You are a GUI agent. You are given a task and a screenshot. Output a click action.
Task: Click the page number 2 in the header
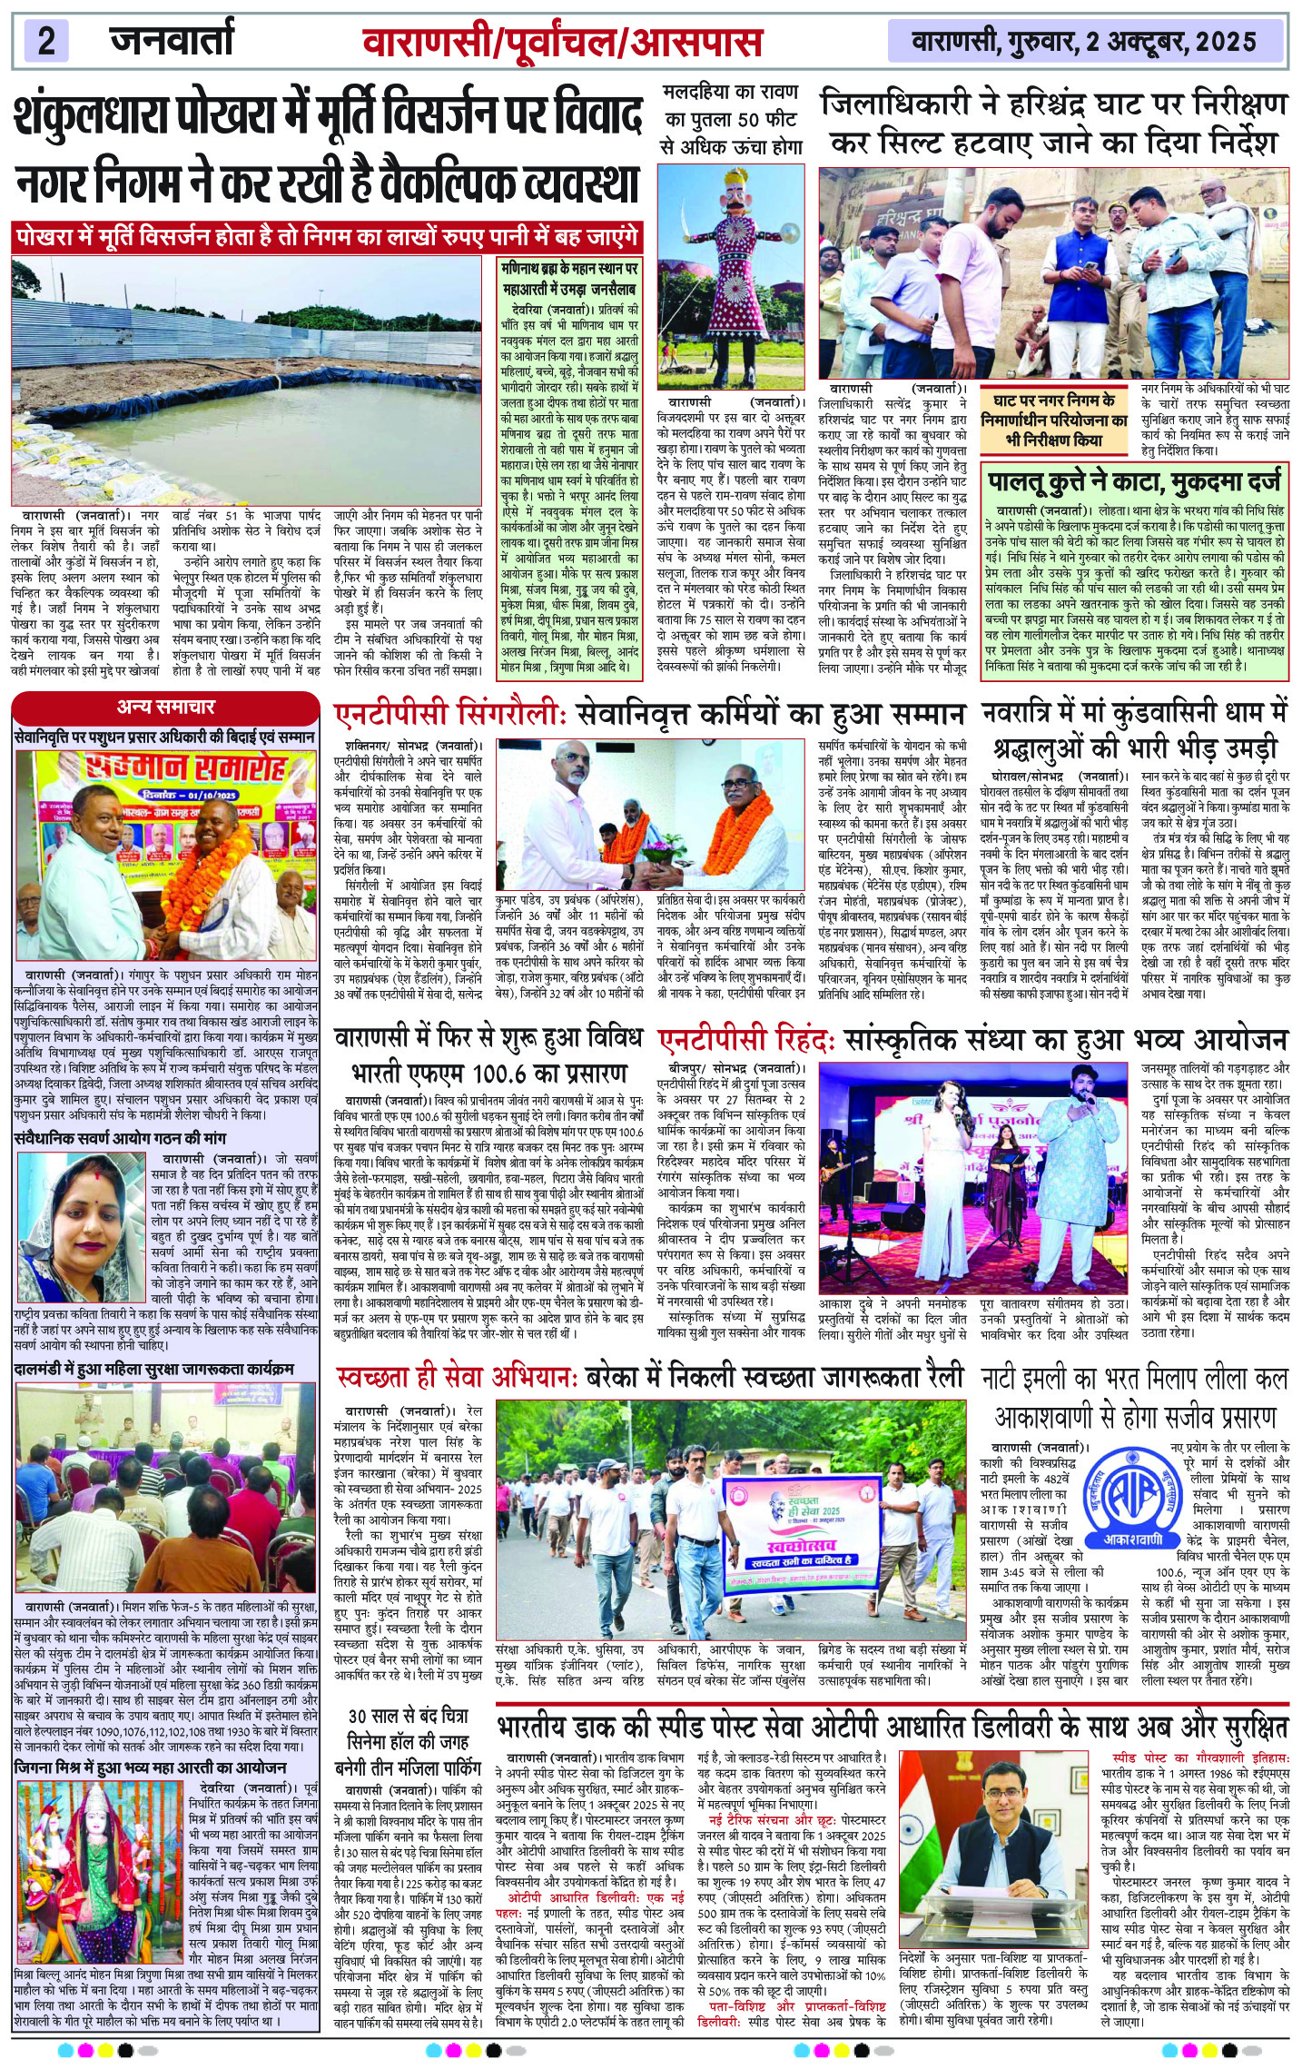pyautogui.click(x=47, y=42)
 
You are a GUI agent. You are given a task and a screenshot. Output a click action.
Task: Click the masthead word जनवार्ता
pyautogui.click(x=172, y=40)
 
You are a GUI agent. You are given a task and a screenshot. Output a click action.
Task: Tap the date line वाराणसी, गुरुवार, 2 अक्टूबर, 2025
pyautogui.click(x=1084, y=42)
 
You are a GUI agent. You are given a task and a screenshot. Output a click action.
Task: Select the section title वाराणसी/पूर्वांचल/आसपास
pyautogui.click(x=562, y=42)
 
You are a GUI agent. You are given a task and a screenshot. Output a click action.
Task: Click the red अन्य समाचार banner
pyautogui.click(x=165, y=707)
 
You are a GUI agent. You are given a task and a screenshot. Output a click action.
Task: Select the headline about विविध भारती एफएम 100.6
pyautogui.click(x=489, y=1054)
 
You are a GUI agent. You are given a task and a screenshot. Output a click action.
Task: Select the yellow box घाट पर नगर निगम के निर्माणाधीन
pyautogui.click(x=1054, y=420)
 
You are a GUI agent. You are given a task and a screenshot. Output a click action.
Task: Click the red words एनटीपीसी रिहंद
pyautogui.click(x=748, y=1040)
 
